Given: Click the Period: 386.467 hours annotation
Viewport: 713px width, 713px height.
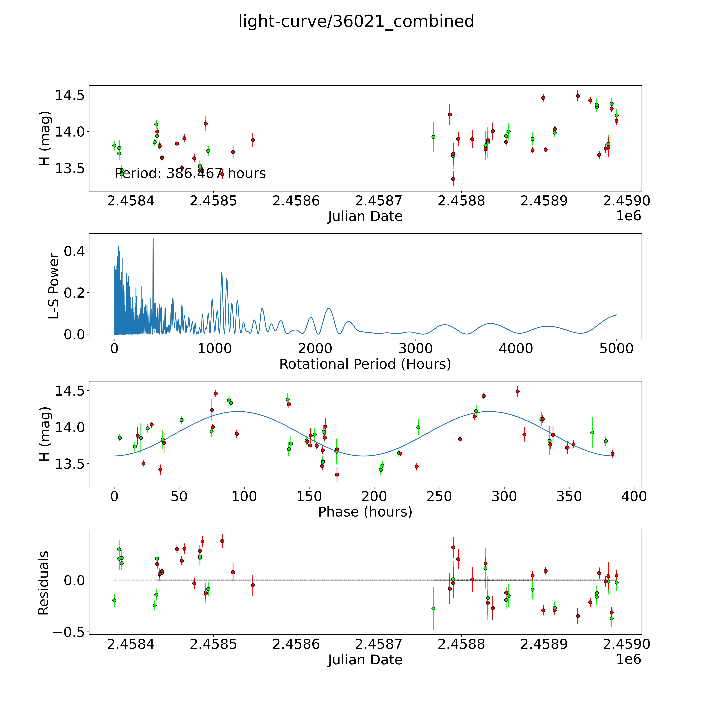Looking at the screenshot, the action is [190, 173].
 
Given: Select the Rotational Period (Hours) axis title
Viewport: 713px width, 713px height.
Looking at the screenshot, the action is [365, 364].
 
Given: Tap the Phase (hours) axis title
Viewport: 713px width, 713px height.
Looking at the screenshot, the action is [365, 512].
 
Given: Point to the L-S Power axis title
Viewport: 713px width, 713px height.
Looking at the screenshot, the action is [54, 286].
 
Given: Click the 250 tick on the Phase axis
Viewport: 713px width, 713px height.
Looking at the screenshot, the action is [439, 496].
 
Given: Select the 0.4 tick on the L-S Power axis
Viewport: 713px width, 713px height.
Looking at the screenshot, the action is [74, 251].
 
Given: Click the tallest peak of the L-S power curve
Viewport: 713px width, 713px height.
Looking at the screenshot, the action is [153, 238].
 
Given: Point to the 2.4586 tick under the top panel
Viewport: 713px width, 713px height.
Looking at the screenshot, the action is [296, 201].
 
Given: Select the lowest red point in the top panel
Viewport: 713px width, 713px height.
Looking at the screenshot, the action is [453, 179].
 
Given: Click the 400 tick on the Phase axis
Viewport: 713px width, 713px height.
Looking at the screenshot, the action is [634, 496].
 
